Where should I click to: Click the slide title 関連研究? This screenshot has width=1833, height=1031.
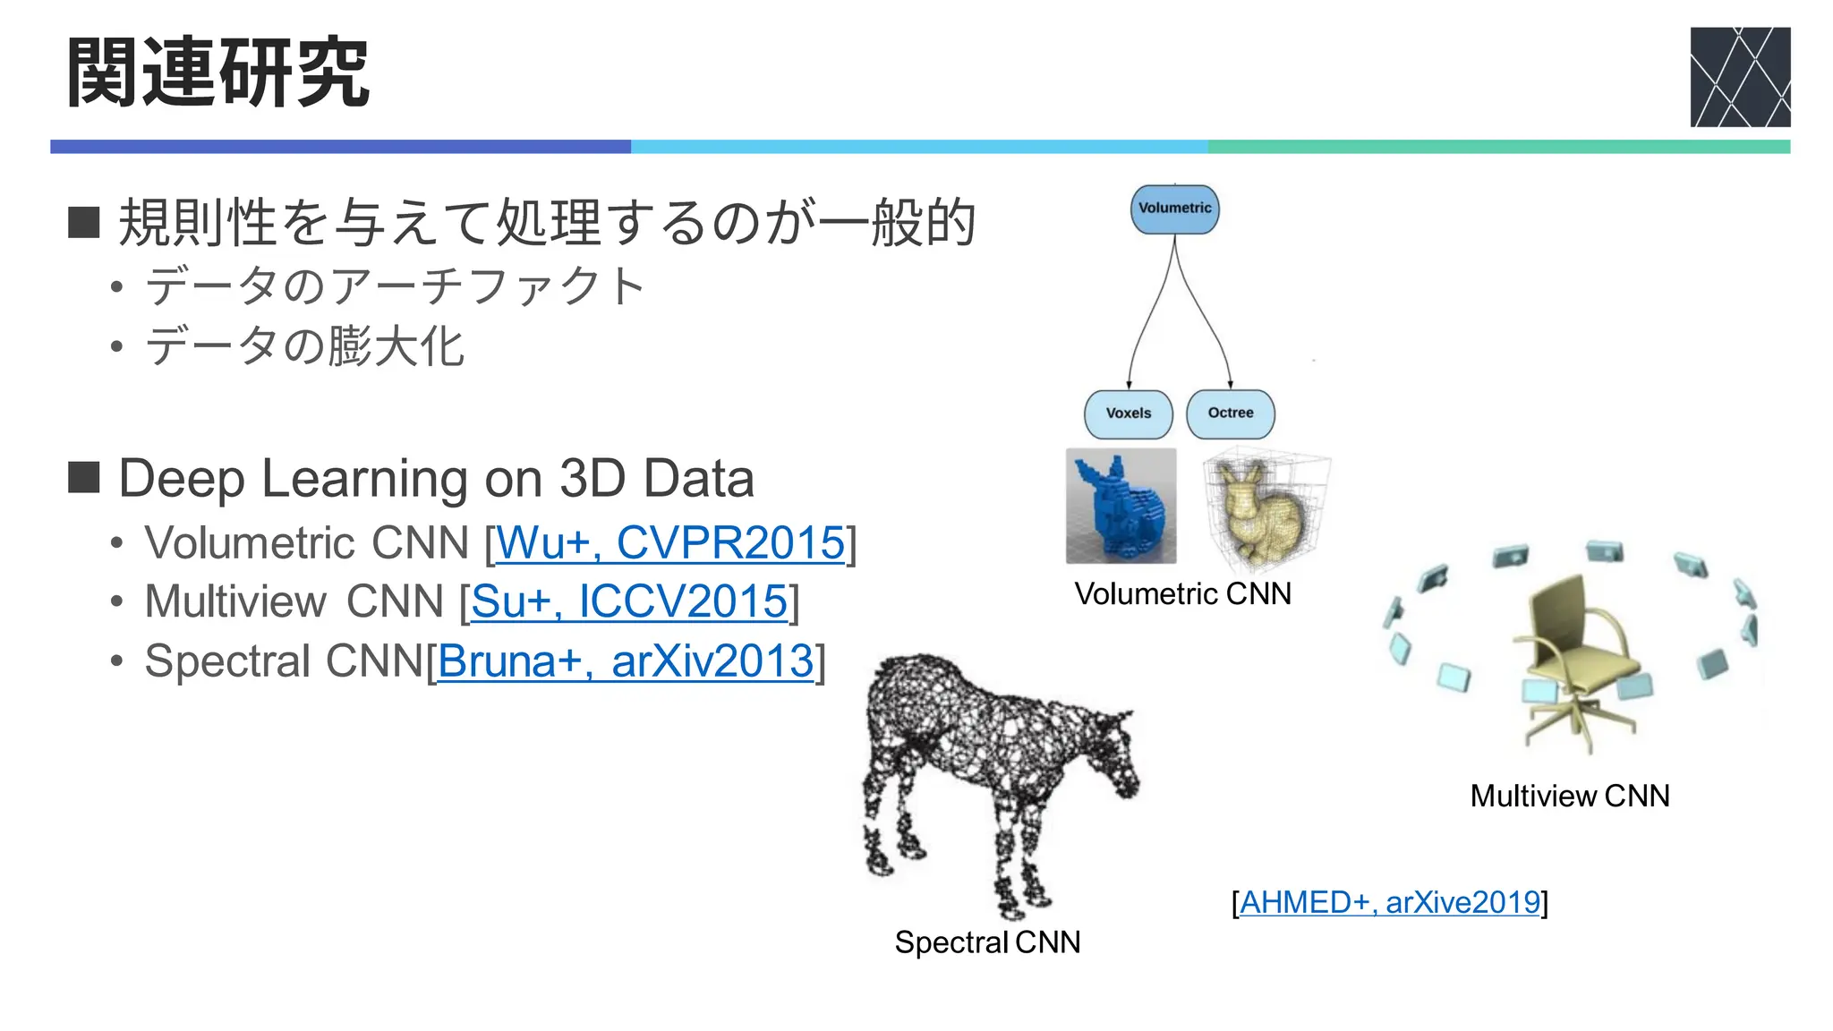[217, 73]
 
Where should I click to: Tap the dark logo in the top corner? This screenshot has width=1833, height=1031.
[1739, 77]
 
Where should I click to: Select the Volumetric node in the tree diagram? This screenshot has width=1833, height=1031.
[1174, 209]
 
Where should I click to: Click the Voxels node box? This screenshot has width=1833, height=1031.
[1128, 413]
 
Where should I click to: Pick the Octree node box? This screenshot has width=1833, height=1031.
[1230, 413]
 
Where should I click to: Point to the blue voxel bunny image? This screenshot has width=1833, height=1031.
[1121, 506]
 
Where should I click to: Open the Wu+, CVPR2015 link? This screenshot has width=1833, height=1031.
[670, 542]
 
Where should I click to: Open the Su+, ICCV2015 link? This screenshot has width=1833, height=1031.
[629, 601]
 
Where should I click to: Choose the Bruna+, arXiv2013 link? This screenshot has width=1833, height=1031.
[625, 661]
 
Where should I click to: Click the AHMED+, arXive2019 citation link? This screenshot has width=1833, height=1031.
[1389, 902]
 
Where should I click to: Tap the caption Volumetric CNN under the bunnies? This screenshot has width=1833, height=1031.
[1182, 593]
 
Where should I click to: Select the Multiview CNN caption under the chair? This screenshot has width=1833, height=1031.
[1569, 796]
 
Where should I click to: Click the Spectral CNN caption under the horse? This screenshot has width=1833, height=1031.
[987, 942]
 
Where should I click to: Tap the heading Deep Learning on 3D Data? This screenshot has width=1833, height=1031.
[436, 478]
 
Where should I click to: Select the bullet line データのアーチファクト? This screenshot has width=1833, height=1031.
[394, 286]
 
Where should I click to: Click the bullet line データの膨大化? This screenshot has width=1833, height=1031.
[304, 345]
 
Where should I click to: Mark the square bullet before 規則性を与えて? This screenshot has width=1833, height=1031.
[83, 222]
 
